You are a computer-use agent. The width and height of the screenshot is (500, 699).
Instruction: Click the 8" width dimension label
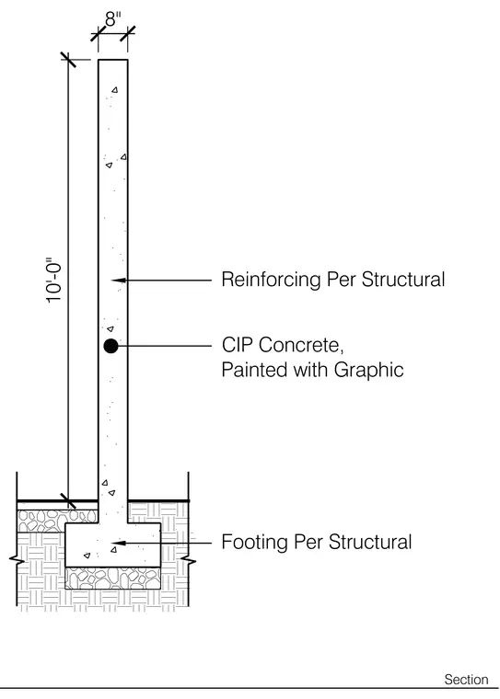point(113,19)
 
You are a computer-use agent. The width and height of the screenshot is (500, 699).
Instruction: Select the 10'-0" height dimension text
point(53,281)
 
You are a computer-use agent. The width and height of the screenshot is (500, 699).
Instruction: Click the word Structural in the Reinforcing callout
point(403,280)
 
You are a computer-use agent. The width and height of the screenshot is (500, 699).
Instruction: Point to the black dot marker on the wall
point(110,346)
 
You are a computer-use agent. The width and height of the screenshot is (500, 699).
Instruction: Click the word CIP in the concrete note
point(238,345)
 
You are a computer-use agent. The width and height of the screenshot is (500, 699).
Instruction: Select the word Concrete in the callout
point(301,346)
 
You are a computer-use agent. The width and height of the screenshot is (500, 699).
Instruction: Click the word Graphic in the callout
point(368,371)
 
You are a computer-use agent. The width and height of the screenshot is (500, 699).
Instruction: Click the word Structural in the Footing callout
point(370,542)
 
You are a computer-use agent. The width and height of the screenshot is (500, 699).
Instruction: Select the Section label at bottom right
point(466,680)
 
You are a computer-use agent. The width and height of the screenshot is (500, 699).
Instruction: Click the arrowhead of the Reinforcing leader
point(118,280)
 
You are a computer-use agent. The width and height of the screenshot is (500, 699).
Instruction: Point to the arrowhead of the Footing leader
point(118,543)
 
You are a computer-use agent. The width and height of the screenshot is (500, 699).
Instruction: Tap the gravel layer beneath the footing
point(113,579)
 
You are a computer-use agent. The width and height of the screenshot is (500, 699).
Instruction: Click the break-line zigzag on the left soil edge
point(17,560)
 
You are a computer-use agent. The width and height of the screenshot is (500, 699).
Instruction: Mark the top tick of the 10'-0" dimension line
point(68,60)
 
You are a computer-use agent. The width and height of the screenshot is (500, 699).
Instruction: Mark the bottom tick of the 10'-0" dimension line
point(68,500)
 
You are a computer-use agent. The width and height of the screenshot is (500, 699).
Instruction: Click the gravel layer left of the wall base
point(57,521)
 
